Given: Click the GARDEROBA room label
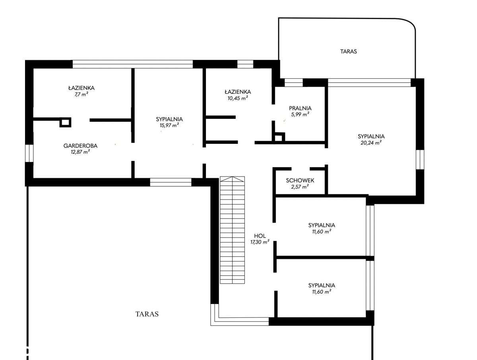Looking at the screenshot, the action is (80, 145).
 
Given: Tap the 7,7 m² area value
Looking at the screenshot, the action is (81, 94).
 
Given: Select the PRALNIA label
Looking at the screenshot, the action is (300, 108).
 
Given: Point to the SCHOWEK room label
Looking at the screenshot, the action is (300, 180).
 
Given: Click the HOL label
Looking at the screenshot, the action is (260, 236).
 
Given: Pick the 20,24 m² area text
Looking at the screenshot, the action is (371, 143).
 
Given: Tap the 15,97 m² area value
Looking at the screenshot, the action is (169, 125).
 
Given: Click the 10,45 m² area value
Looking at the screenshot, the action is (238, 98).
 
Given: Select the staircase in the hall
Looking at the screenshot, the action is (232, 230).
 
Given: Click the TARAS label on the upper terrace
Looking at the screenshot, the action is (348, 52).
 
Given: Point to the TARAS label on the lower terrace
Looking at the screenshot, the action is (147, 314).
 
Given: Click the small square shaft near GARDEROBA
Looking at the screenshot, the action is (65, 122).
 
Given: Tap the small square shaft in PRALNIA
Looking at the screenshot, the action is (279, 137).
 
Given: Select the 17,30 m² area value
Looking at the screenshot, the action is (260, 242).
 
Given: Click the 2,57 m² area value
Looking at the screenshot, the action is (300, 186).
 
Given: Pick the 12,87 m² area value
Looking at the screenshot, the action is (80, 152).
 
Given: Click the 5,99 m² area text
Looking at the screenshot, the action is (300, 114).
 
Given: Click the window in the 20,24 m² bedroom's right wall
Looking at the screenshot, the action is (420, 160).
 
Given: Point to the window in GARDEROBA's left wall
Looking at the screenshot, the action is (29, 153).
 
